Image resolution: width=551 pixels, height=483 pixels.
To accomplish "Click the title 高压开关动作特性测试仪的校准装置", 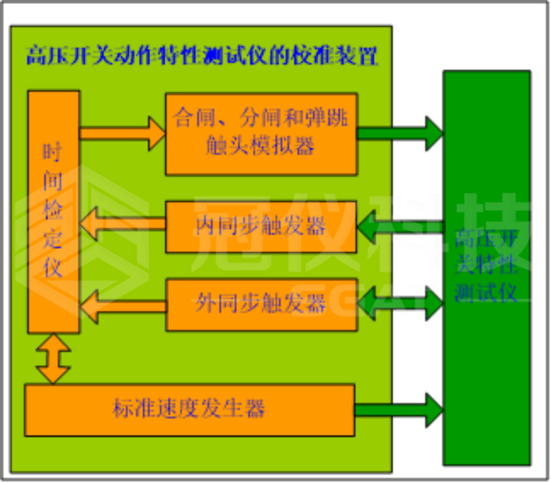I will coord(202,56).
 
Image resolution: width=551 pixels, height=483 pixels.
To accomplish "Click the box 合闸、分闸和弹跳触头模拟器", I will coord(261,133).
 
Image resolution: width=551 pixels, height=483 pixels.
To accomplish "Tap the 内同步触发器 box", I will coord(261,226).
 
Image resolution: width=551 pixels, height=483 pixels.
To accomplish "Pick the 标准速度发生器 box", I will coord(189,410).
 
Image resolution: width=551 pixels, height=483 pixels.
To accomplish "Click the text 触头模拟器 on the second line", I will coord(261,146).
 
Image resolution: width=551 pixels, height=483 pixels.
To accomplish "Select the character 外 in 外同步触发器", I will coord(204,303).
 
